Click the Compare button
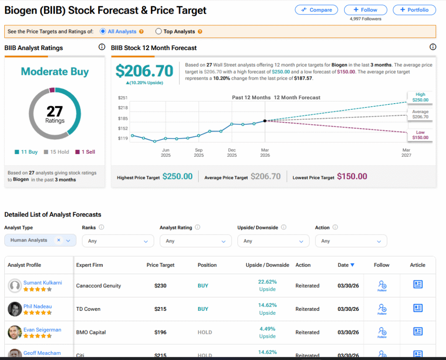(316, 10)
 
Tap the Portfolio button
(414, 10)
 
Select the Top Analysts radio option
(159, 31)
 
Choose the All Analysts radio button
(103, 31)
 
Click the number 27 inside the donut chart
(55, 111)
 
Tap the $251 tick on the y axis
(122, 98)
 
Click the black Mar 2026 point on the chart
(265, 121)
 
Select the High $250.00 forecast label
(420, 97)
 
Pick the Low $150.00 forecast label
(420, 135)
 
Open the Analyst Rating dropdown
(196, 241)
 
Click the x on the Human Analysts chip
(59, 240)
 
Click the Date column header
(346, 265)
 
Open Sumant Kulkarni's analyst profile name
(43, 283)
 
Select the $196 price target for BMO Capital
(161, 332)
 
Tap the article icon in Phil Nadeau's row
(418, 308)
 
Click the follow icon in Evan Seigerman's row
(382, 332)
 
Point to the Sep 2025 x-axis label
(199, 152)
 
